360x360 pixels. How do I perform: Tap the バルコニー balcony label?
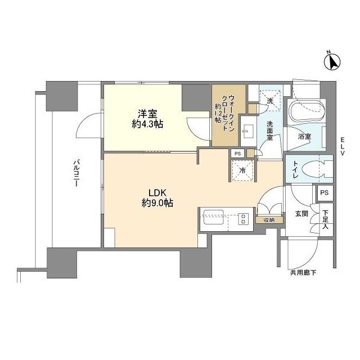[x=75, y=175]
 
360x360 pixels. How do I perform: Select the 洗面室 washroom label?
[x=270, y=132]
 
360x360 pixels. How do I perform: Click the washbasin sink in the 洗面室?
[x=248, y=130]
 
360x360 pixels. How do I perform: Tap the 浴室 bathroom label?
[x=304, y=136]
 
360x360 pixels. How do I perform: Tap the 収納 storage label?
[x=268, y=220]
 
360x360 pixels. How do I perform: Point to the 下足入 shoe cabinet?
[x=325, y=219]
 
